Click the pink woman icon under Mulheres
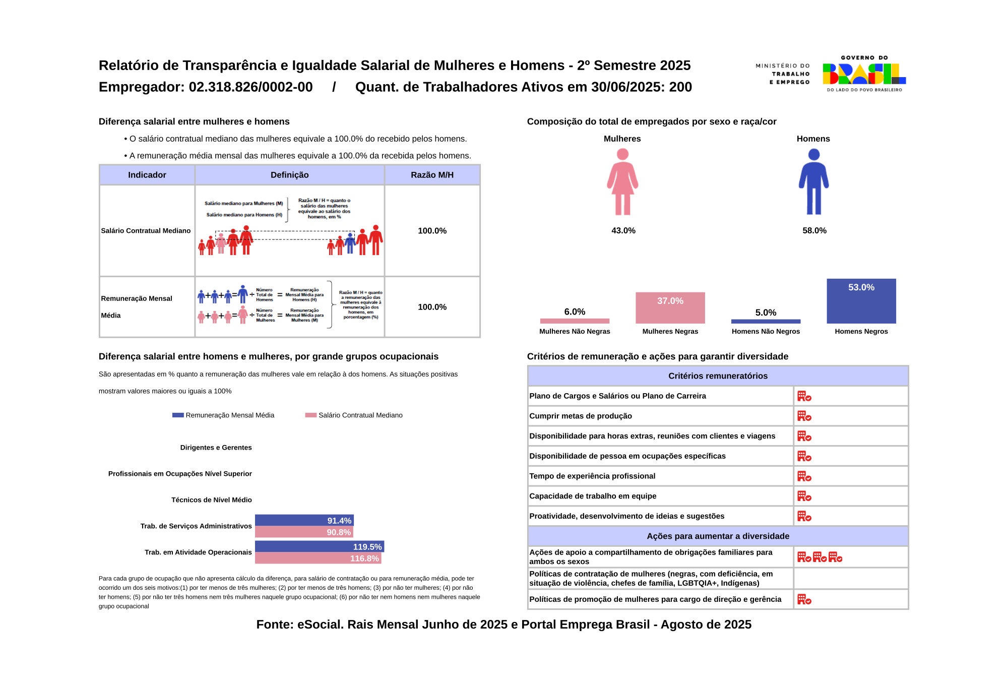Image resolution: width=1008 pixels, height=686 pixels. (x=622, y=181)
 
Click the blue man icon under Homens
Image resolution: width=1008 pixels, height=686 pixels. (x=813, y=181)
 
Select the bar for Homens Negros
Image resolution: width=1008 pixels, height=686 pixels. (x=861, y=301)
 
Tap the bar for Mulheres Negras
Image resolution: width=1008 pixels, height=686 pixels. (x=670, y=307)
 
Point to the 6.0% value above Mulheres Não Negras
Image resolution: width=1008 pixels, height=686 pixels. (x=575, y=312)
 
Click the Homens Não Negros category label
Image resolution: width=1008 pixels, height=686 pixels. (x=766, y=331)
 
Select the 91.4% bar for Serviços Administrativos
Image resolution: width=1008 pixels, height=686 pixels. (x=304, y=520)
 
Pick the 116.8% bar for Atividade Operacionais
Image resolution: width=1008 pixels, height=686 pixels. (x=318, y=558)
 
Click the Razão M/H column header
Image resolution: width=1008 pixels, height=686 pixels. (x=432, y=175)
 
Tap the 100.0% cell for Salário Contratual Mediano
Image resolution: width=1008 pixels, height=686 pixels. (x=432, y=231)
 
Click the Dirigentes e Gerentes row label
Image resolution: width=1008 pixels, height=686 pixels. (x=216, y=448)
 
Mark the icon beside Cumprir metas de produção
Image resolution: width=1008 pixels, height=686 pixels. (x=804, y=416)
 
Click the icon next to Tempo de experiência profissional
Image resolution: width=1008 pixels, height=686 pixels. (x=804, y=476)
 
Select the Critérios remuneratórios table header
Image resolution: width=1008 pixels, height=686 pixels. (x=718, y=376)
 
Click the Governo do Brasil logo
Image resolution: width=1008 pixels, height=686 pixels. (x=864, y=74)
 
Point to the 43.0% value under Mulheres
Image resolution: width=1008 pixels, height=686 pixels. (x=623, y=230)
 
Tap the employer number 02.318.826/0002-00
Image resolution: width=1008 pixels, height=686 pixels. (x=250, y=87)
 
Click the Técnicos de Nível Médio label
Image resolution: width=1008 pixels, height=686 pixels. (x=211, y=500)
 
